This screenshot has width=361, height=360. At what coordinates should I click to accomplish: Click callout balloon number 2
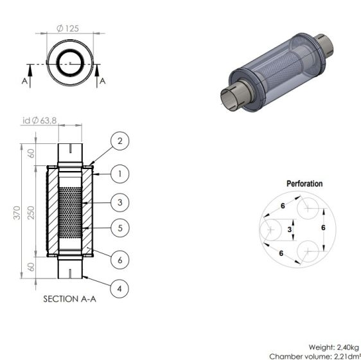click(119, 141)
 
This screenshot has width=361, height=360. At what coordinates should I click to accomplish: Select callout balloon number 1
click(119, 174)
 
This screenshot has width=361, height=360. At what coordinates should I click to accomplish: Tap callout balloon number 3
click(119, 203)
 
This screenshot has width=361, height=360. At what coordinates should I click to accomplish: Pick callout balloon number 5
click(119, 228)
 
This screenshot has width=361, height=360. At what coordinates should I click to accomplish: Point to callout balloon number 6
click(119, 260)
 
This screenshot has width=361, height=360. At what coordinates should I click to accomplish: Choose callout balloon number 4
click(119, 289)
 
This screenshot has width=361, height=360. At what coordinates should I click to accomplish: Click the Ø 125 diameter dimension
click(67, 28)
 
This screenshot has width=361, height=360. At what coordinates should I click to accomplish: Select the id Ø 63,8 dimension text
click(39, 120)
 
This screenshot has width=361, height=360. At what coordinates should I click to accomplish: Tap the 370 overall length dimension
click(17, 213)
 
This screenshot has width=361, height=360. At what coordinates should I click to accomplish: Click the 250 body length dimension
click(31, 213)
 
